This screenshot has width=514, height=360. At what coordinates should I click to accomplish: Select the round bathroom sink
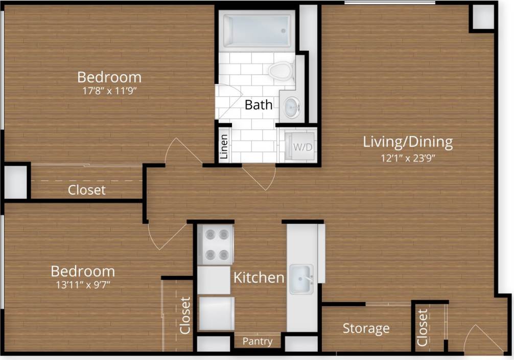(x=292, y=107)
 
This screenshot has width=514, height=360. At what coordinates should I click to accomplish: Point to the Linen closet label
(x=223, y=147)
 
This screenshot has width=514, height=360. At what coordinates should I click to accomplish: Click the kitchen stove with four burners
(x=216, y=244)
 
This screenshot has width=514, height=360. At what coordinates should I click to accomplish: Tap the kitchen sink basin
(x=301, y=279)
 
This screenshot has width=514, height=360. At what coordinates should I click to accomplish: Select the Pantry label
(x=257, y=341)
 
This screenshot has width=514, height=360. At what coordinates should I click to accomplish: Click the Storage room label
(x=366, y=328)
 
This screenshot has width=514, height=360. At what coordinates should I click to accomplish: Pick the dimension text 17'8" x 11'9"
(x=109, y=91)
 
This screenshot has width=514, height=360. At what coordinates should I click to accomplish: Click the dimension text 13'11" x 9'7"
(x=82, y=284)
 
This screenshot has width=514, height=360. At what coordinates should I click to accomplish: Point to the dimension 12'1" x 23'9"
(x=408, y=157)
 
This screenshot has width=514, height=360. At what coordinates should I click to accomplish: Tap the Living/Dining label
(x=408, y=142)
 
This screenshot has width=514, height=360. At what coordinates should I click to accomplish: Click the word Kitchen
(x=259, y=278)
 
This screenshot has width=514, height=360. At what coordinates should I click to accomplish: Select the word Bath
(x=259, y=105)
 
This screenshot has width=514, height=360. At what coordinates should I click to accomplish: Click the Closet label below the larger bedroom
(x=87, y=190)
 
